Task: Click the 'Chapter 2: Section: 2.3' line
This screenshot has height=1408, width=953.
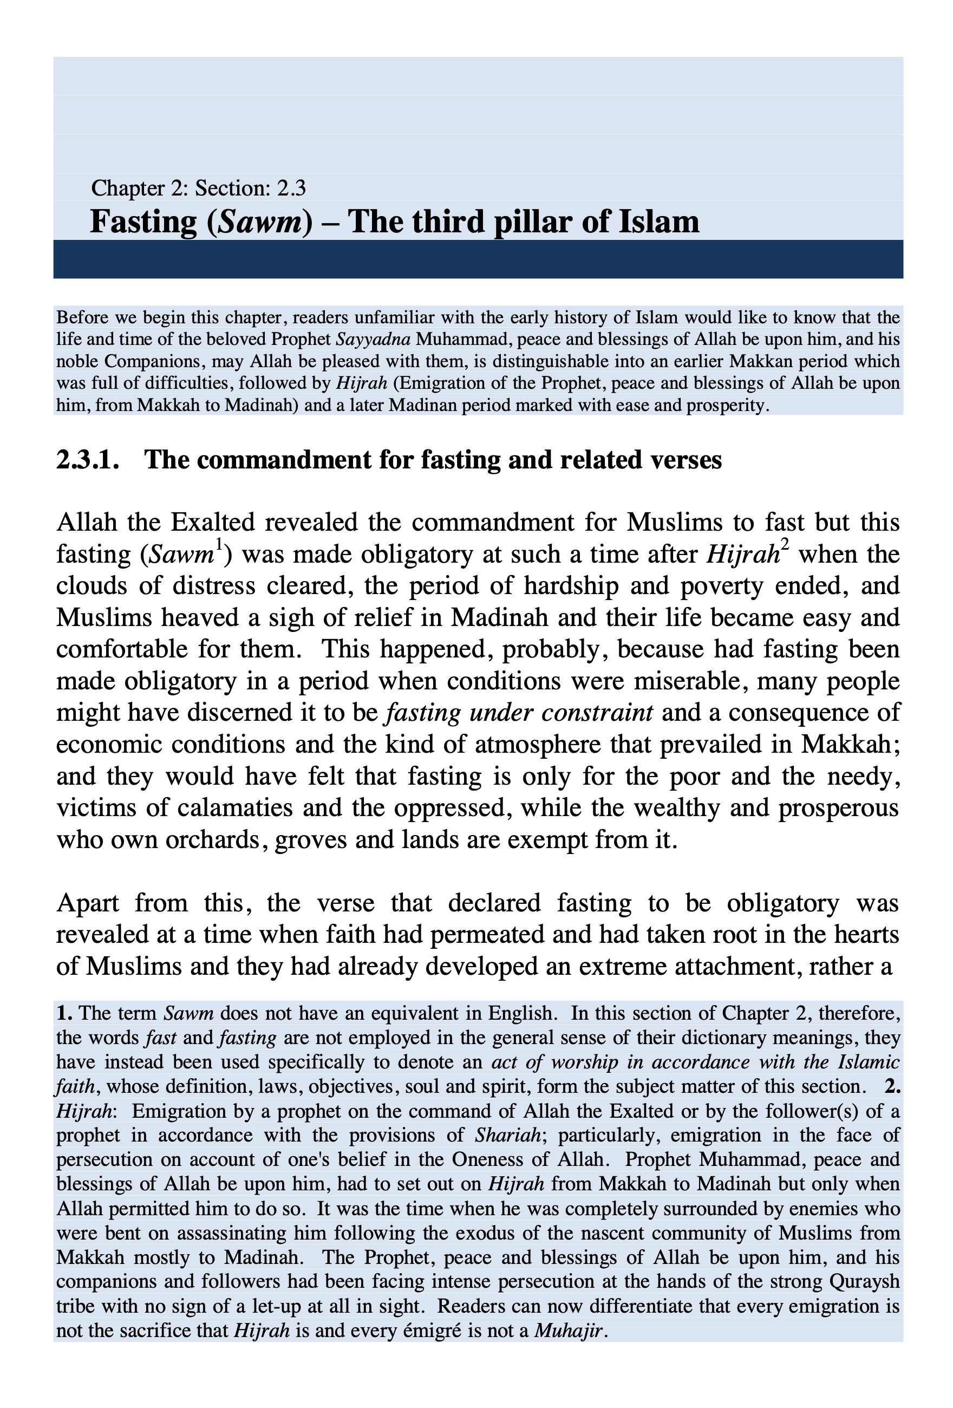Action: [x=198, y=188]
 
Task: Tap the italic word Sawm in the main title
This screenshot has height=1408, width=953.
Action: [x=259, y=221]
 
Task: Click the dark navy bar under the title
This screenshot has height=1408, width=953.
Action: [x=478, y=259]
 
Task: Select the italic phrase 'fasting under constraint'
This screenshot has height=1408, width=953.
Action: [x=519, y=713]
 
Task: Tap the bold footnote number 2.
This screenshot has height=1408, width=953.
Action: [x=892, y=1087]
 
